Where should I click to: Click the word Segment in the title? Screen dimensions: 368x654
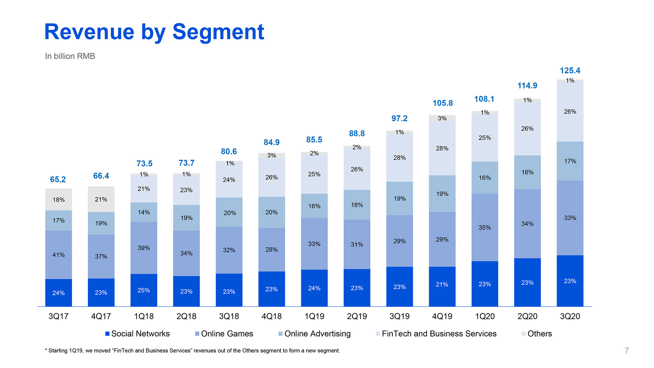pos(218,32)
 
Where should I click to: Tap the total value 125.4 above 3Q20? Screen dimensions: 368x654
pos(570,71)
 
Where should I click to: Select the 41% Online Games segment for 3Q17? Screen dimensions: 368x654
pos(58,255)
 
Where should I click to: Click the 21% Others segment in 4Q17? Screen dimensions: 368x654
pos(101,199)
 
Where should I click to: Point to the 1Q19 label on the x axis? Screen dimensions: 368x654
pos(314,316)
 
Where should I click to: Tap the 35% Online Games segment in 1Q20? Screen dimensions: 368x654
pos(485,227)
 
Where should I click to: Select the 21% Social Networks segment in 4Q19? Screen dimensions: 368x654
pos(442,284)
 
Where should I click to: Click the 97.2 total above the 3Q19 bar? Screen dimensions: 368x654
pos(399,119)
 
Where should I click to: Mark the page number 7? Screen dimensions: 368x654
pos(627,351)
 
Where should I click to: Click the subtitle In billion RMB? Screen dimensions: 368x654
pos(70,56)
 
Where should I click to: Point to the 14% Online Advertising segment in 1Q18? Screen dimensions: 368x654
pos(144,212)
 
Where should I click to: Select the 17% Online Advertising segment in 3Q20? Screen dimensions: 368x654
pos(570,161)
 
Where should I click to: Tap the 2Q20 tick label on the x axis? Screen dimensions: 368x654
pos(527,316)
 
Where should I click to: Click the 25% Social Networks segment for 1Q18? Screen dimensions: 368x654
pos(144,290)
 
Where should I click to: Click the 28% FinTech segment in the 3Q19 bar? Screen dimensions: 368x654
pos(399,157)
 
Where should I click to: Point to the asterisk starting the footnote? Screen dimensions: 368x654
pos(46,350)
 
